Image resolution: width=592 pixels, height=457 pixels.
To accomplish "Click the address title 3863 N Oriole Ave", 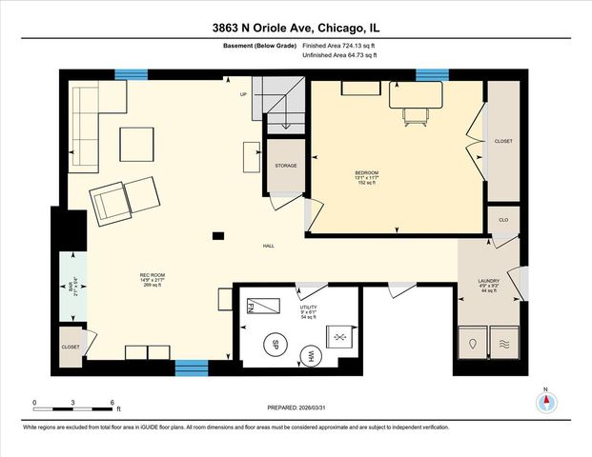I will coord(296,29).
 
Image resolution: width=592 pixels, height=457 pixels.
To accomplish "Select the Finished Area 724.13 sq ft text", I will coord(339,46).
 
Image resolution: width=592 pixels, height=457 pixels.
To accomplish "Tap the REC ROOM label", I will coord(153,276).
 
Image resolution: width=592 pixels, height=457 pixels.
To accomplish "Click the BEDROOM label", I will coord(367,172).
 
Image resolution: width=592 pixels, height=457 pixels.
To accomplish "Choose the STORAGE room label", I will coord(286,166).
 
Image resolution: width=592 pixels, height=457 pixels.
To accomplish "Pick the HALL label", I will coord(269,247).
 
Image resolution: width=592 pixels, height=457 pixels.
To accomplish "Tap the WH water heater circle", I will coord(309,355).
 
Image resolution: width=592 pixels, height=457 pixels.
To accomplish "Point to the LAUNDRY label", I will coord(489,281).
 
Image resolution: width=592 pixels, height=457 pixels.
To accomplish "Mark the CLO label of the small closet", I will coord(502,220).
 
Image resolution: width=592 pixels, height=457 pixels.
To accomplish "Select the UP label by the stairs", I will coord(243,93).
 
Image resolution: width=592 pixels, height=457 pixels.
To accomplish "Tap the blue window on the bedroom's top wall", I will coord(432,75).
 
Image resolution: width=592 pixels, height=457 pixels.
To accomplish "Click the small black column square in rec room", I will coord(219,235).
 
